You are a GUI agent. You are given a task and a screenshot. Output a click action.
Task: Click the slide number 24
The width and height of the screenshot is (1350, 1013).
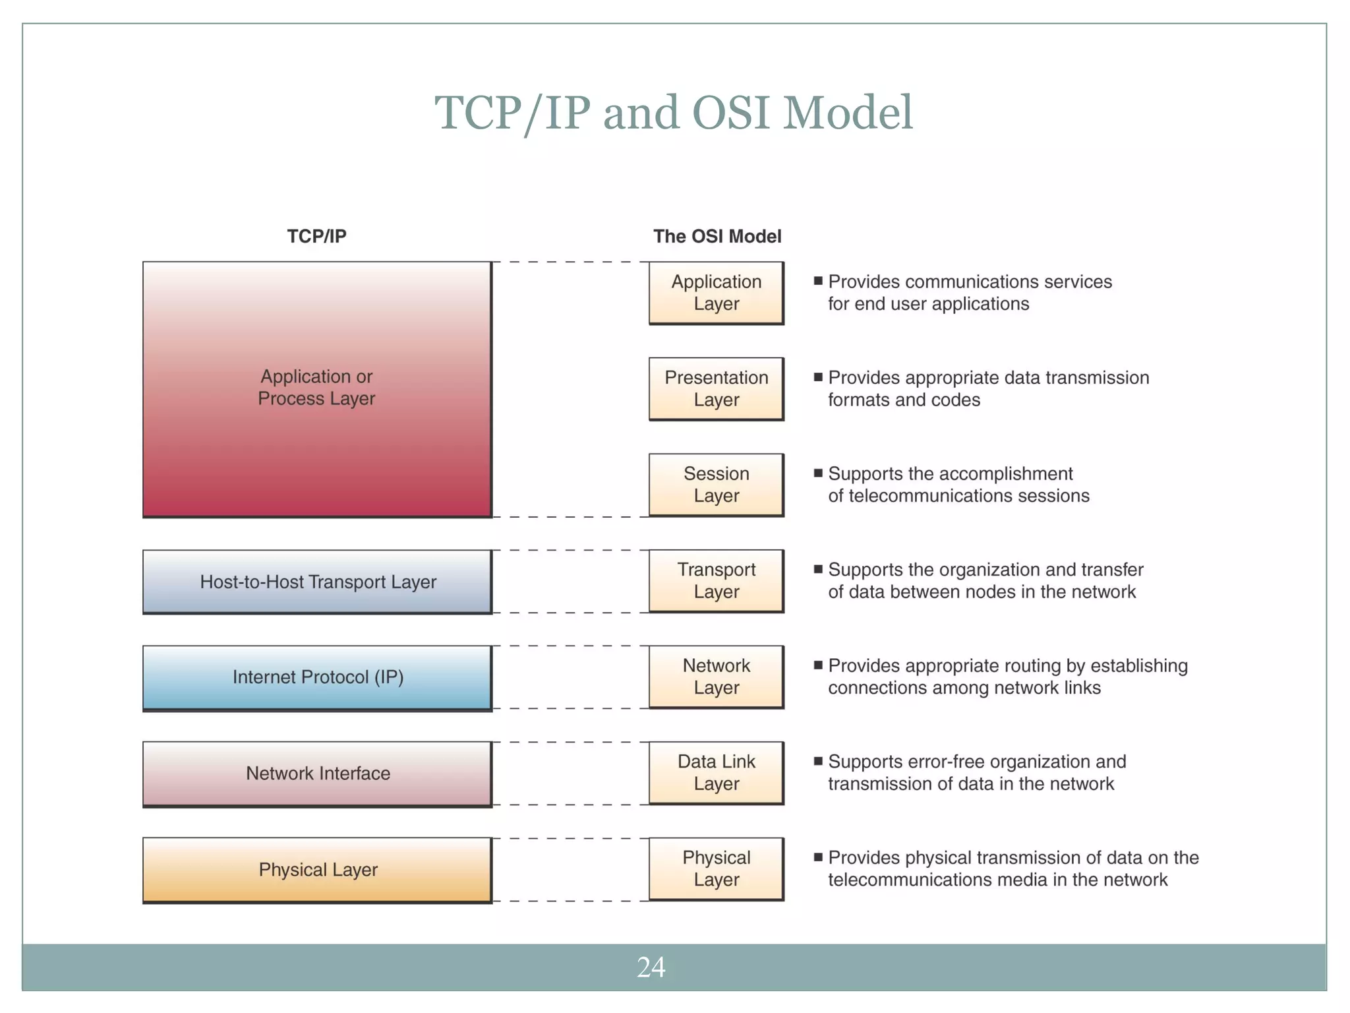pyautogui.click(x=651, y=967)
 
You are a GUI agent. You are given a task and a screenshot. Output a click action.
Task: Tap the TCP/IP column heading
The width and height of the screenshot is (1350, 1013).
pyautogui.click(x=316, y=236)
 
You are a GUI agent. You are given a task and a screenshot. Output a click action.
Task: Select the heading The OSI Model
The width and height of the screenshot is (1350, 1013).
pyautogui.click(x=717, y=236)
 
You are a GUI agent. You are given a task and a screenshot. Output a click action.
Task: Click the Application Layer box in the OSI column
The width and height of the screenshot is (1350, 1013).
pyautogui.click(x=716, y=293)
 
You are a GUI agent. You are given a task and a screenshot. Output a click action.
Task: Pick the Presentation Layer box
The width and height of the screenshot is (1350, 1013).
pyautogui.click(x=716, y=388)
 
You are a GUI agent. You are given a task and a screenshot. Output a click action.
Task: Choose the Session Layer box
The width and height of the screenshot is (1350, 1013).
pyautogui.click(x=716, y=485)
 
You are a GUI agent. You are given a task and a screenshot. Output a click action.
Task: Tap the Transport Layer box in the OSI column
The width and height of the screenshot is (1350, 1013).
pyautogui.click(x=716, y=580)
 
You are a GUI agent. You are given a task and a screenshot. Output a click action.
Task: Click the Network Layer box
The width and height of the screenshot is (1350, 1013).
pyautogui.click(x=716, y=677)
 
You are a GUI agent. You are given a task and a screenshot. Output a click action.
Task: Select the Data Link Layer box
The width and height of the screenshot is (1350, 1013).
pyautogui.click(x=716, y=772)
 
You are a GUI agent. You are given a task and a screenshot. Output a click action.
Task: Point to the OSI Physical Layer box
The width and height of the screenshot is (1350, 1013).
pyautogui.click(x=716, y=869)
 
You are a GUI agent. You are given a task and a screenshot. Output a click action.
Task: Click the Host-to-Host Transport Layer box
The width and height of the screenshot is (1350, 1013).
pyautogui.click(x=317, y=582)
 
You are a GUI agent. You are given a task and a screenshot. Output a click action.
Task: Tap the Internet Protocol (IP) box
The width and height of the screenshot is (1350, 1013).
pyautogui.click(x=317, y=677)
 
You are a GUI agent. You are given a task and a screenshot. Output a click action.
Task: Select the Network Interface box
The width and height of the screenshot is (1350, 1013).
pyautogui.click(x=317, y=774)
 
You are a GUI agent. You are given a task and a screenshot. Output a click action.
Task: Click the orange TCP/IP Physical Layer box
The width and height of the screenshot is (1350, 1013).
pyautogui.click(x=317, y=869)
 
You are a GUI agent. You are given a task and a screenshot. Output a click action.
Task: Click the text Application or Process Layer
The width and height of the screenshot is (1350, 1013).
pyautogui.click(x=316, y=388)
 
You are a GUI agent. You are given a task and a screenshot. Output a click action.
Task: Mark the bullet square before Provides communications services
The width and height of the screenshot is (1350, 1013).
pyautogui.click(x=818, y=281)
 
